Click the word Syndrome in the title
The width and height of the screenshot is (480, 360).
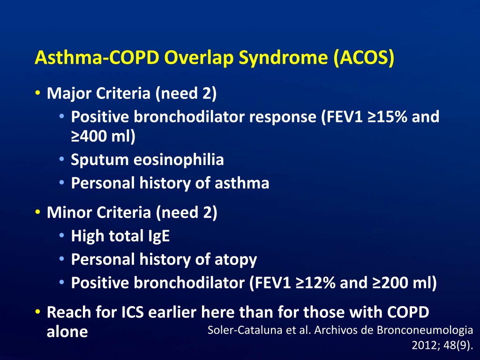pyautogui.click(x=283, y=58)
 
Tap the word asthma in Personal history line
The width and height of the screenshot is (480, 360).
pyautogui.click(x=242, y=183)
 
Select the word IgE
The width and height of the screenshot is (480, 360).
pyautogui.click(x=159, y=236)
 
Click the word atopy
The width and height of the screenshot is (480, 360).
pyautogui.click(x=236, y=260)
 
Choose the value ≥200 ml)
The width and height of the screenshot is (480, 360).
pyautogui.click(x=405, y=283)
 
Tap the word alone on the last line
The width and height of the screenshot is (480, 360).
pyautogui.click(x=67, y=331)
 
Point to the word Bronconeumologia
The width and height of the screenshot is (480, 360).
pyautogui.click(x=425, y=330)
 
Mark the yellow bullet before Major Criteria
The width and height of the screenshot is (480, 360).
pyautogui.click(x=37, y=93)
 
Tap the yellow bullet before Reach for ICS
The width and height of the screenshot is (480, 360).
pyautogui.click(x=37, y=312)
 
